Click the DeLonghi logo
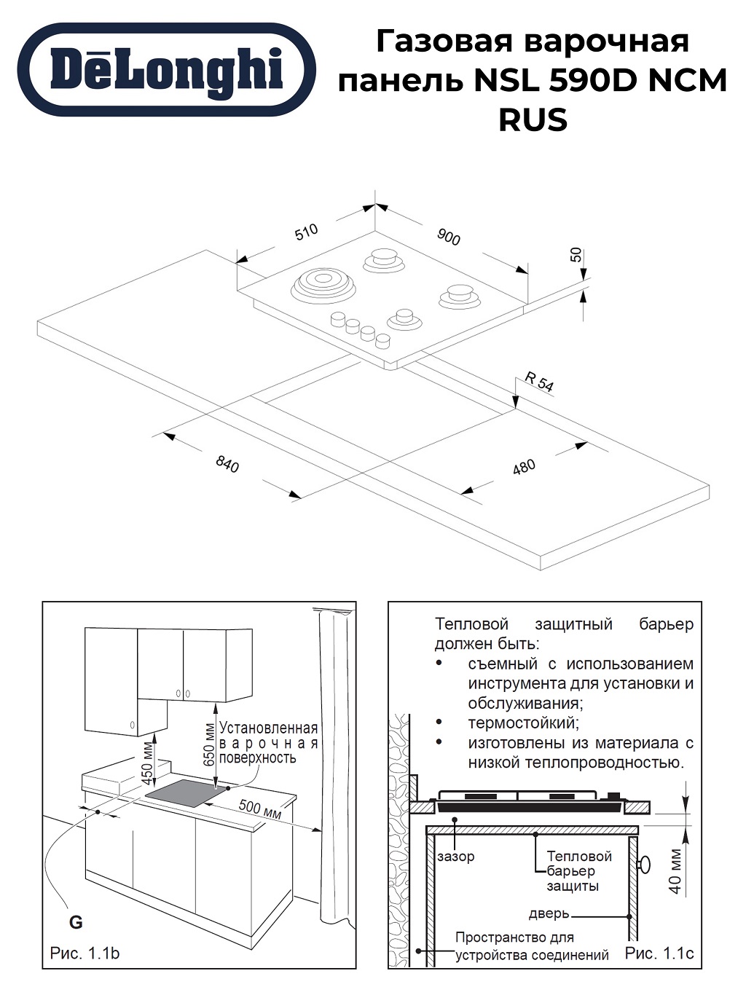click(x=166, y=70)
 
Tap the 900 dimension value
click(x=449, y=237)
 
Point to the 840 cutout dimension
click(x=227, y=464)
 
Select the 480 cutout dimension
click(x=524, y=466)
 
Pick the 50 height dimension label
click(x=576, y=255)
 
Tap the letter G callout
click(x=76, y=922)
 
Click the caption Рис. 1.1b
click(x=85, y=953)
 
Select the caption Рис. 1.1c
click(x=659, y=953)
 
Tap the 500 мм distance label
click(x=260, y=809)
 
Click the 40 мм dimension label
click(x=675, y=871)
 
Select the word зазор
click(x=455, y=857)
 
